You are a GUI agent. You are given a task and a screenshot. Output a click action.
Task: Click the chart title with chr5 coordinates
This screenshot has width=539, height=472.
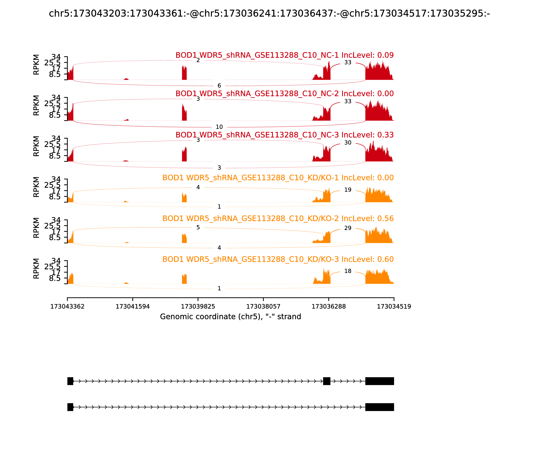(x=269, y=13)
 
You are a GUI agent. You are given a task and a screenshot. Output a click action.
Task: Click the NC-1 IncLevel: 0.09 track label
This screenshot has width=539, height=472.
(x=284, y=55)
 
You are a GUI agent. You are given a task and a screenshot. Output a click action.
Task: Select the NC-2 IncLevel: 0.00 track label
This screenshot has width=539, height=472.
(x=284, y=94)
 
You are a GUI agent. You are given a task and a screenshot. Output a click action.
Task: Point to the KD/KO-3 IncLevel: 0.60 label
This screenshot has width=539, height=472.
(x=278, y=259)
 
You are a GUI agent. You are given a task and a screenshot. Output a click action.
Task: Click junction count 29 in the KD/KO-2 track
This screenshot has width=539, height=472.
(x=348, y=228)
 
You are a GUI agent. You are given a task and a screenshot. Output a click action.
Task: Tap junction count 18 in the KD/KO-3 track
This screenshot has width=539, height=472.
(x=348, y=271)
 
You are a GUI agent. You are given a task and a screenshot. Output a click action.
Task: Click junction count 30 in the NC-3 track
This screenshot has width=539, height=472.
(x=348, y=143)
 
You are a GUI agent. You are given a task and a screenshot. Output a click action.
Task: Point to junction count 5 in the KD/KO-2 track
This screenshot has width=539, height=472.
(x=198, y=228)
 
